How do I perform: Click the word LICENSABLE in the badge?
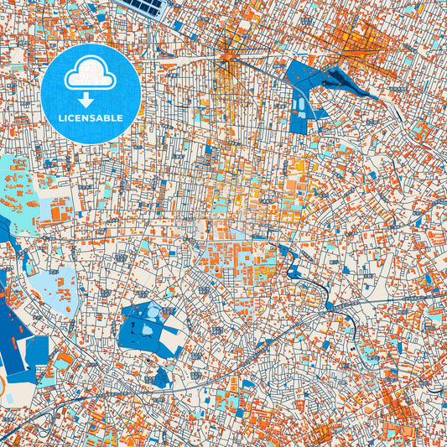(x=91, y=118)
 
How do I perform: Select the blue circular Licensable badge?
(x=91, y=85)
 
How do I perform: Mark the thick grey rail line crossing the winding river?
(x=331, y=306)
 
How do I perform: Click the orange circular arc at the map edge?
(x=3, y=387)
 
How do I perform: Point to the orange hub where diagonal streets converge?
(x=227, y=57)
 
